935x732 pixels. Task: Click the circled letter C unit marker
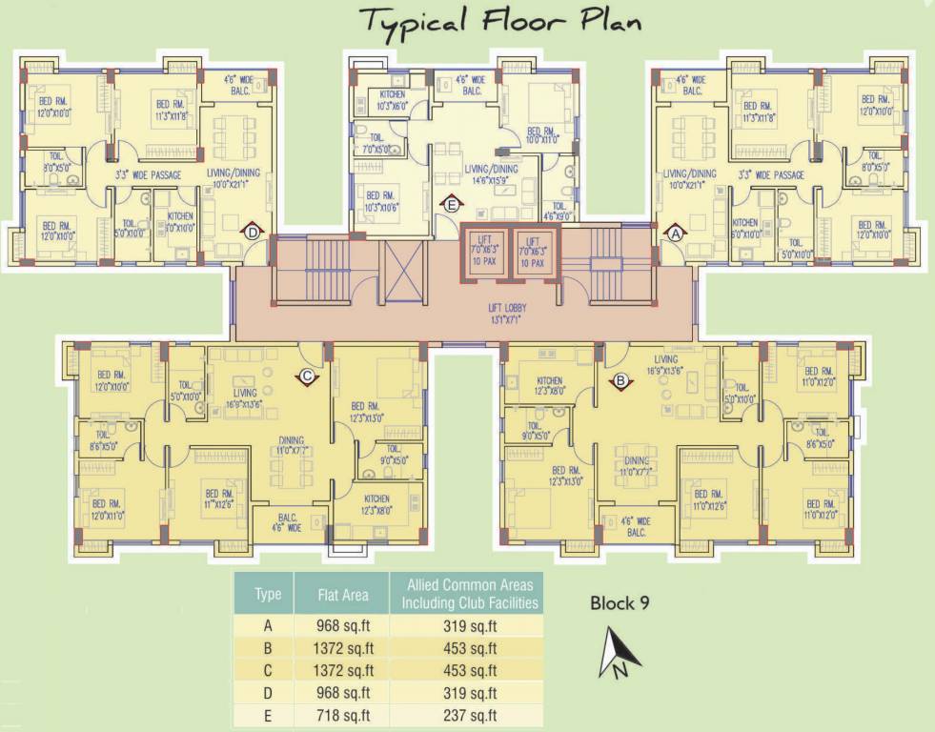(307, 377)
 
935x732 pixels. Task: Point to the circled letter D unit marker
(252, 232)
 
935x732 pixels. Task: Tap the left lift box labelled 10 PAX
(485, 251)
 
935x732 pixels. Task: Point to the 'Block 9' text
(620, 602)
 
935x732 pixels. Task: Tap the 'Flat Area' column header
(342, 595)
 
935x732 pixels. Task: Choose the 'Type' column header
(268, 595)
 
